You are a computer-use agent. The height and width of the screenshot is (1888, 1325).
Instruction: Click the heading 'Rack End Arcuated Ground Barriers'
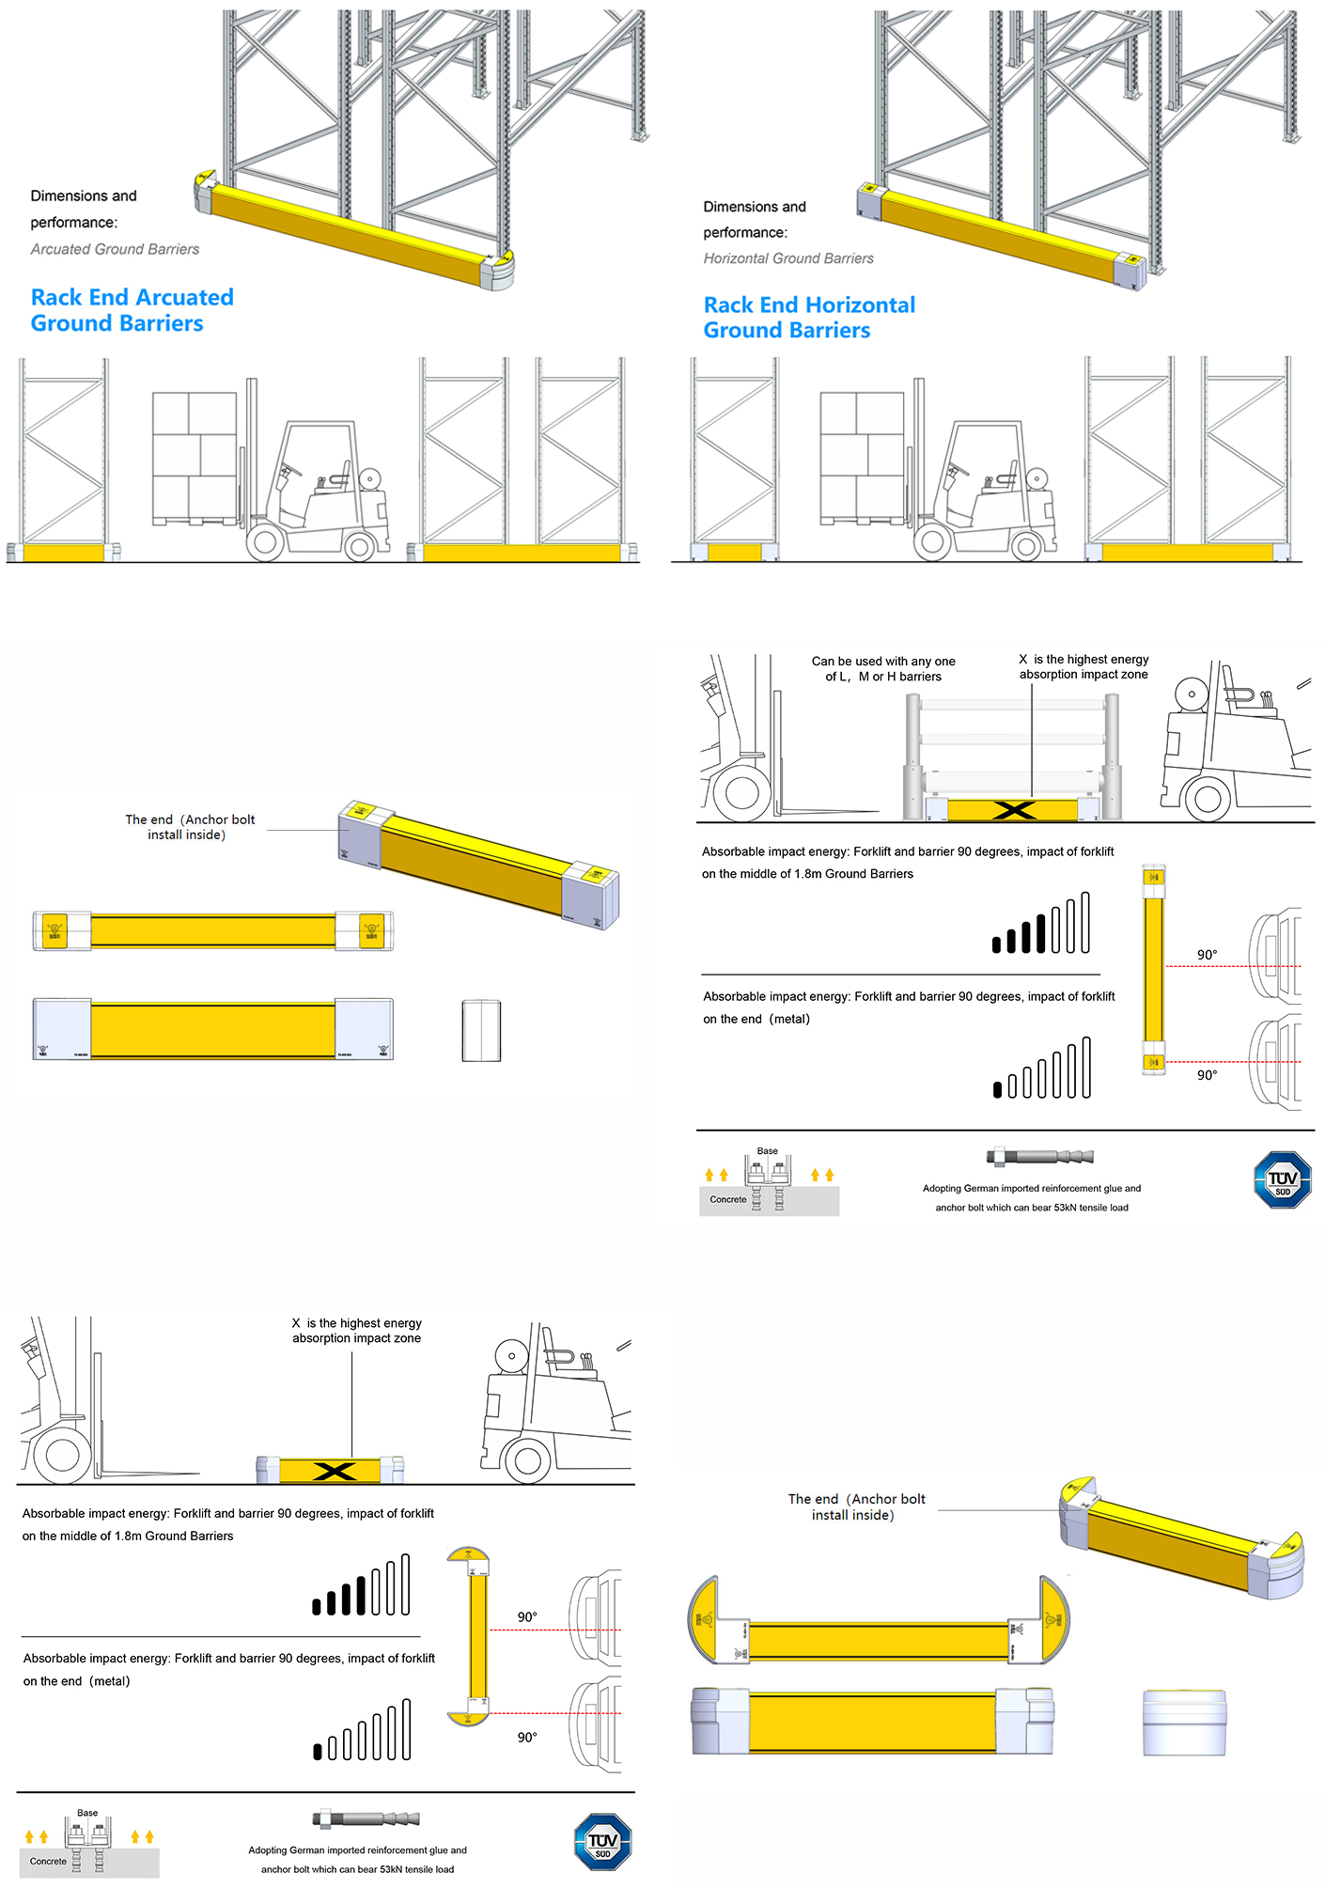(x=132, y=310)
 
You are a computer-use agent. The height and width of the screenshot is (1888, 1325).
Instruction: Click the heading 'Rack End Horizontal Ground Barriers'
(x=808, y=318)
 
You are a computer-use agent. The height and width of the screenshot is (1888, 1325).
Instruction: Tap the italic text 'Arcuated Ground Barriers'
(x=115, y=249)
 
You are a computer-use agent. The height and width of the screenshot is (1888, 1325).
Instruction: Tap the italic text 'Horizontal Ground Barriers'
(x=788, y=258)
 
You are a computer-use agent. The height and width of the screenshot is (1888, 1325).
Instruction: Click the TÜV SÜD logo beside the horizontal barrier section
(x=1282, y=1180)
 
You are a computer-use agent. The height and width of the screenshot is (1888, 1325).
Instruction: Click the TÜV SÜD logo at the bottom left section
(x=602, y=1842)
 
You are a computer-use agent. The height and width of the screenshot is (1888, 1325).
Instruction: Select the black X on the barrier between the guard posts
(x=1013, y=810)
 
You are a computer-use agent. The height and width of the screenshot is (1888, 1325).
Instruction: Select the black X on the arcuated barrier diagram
(x=334, y=1472)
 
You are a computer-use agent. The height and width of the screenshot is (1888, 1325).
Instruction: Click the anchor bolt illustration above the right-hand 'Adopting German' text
(x=1039, y=1156)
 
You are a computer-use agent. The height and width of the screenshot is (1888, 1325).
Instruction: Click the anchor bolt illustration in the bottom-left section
(x=366, y=1818)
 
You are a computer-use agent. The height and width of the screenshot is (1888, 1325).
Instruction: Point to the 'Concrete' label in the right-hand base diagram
(x=728, y=1200)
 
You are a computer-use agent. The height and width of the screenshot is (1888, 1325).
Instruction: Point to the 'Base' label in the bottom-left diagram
(x=87, y=1813)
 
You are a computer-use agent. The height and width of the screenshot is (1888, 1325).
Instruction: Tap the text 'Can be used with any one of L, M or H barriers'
(x=883, y=668)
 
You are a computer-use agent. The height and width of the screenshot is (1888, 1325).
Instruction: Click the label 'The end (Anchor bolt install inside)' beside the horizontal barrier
(x=190, y=827)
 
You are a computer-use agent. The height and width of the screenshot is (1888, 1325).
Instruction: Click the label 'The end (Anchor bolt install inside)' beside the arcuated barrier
(x=856, y=1506)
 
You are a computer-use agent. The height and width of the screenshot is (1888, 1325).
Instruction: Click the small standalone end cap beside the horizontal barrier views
(x=481, y=1031)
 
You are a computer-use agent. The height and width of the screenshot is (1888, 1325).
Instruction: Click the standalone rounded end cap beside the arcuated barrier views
(x=1184, y=1722)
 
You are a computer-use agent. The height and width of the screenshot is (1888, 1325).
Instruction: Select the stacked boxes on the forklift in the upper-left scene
(x=195, y=455)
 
